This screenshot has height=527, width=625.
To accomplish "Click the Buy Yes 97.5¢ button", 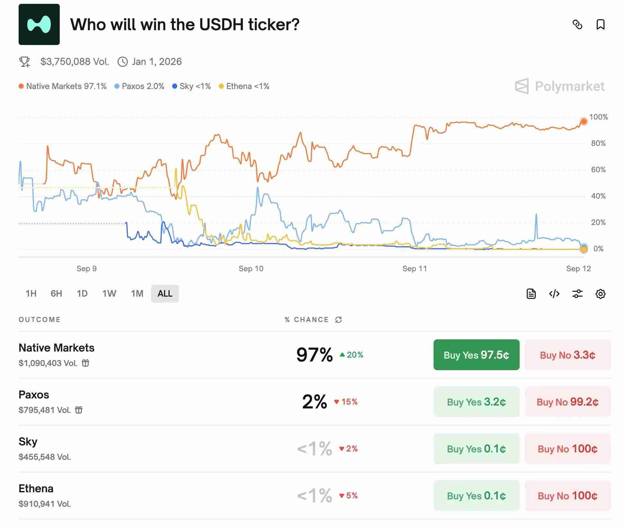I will (476, 355).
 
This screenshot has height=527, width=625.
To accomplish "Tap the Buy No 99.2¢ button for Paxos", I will (568, 402).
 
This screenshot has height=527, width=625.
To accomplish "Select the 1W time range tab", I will (109, 293).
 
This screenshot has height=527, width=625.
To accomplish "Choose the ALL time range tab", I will (165, 293).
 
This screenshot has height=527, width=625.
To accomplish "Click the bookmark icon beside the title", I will (600, 24).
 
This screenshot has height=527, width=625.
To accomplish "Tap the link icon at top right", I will (577, 24).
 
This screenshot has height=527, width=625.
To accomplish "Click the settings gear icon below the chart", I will (600, 294).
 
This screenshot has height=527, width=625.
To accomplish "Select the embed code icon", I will (554, 294).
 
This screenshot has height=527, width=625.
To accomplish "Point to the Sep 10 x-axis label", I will (251, 269).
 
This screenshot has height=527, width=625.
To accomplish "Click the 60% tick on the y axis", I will (598, 170).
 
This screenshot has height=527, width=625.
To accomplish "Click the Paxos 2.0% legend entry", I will (139, 86).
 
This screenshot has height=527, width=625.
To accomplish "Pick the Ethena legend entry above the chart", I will (244, 86).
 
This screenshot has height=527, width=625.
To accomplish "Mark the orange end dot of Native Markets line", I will (584, 121).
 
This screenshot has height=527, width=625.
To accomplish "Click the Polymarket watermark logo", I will (560, 86).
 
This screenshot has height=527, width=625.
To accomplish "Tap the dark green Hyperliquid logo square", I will (39, 24).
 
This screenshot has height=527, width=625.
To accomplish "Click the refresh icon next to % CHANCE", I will (339, 319).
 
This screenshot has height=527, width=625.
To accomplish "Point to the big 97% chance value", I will (314, 355).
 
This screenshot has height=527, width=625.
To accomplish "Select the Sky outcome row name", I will (28, 442).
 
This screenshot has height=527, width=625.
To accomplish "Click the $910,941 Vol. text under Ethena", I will (45, 504).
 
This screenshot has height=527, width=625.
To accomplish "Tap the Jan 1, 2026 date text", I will (157, 62).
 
